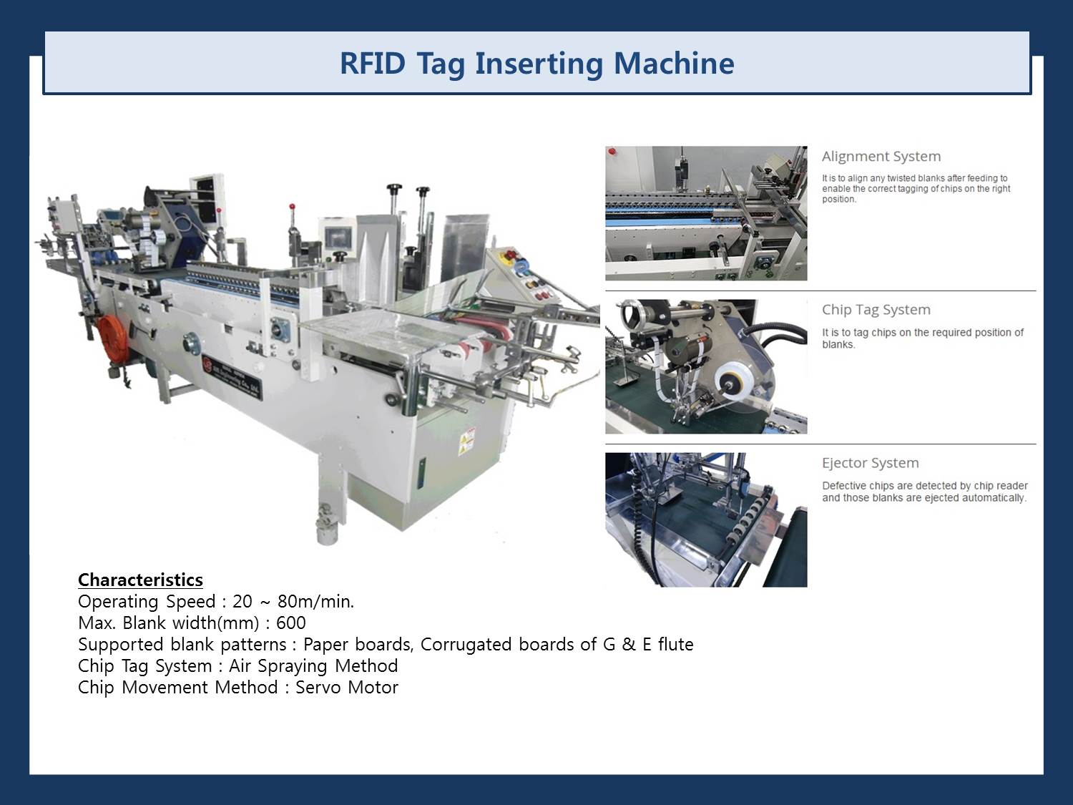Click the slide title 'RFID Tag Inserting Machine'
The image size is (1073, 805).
pyautogui.click(x=536, y=63)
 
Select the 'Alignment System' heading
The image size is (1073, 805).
pyautogui.click(x=881, y=157)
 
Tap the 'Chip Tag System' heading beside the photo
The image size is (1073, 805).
pyautogui.click(x=876, y=310)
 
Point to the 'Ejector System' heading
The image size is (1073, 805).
pyautogui.click(x=870, y=463)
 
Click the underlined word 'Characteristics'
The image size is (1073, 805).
pyautogui.click(x=140, y=580)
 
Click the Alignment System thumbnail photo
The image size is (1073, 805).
pyautogui.click(x=706, y=213)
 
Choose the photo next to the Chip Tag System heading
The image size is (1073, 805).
pyautogui.click(x=706, y=366)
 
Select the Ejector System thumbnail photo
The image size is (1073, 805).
pyautogui.click(x=706, y=519)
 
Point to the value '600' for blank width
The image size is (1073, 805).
pyautogui.click(x=290, y=623)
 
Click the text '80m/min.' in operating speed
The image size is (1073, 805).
pyautogui.click(x=315, y=602)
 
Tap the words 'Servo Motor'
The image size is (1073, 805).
pyautogui.click(x=347, y=688)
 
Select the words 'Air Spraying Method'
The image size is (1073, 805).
pyautogui.click(x=313, y=666)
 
